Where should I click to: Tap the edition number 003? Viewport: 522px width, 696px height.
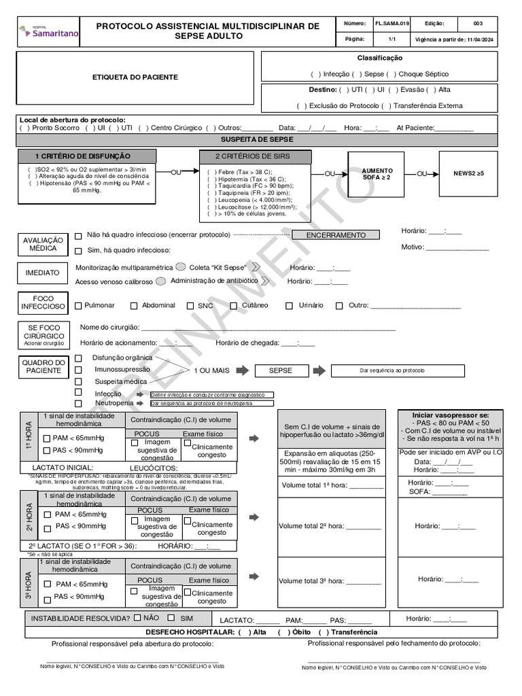click(x=478, y=23)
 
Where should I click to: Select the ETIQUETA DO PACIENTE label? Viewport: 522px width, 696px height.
click(x=135, y=77)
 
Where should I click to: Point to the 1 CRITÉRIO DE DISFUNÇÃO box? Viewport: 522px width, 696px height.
click(x=83, y=156)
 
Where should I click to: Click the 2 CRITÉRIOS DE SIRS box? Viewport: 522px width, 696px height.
click(x=255, y=156)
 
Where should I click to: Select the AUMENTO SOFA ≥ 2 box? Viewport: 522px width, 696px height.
click(x=377, y=174)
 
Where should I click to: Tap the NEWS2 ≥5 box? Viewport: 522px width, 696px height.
click(x=469, y=174)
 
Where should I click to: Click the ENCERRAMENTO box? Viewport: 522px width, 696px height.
click(x=336, y=235)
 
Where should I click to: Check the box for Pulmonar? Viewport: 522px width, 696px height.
click(x=78, y=306)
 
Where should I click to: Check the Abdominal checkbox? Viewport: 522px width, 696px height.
click(x=134, y=306)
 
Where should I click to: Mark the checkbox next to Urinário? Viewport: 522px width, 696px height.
click(x=289, y=306)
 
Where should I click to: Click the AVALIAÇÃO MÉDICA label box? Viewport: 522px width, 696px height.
click(x=43, y=245)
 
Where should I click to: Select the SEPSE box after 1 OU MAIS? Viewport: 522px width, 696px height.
click(x=280, y=371)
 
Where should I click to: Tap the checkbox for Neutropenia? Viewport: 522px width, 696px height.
click(x=78, y=403)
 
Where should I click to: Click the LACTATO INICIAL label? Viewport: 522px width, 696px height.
click(x=63, y=468)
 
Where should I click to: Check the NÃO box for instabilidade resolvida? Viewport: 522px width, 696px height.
click(x=137, y=618)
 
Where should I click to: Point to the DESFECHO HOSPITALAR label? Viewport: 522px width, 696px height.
click(x=186, y=631)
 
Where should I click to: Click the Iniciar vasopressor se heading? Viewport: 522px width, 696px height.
click(x=450, y=415)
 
